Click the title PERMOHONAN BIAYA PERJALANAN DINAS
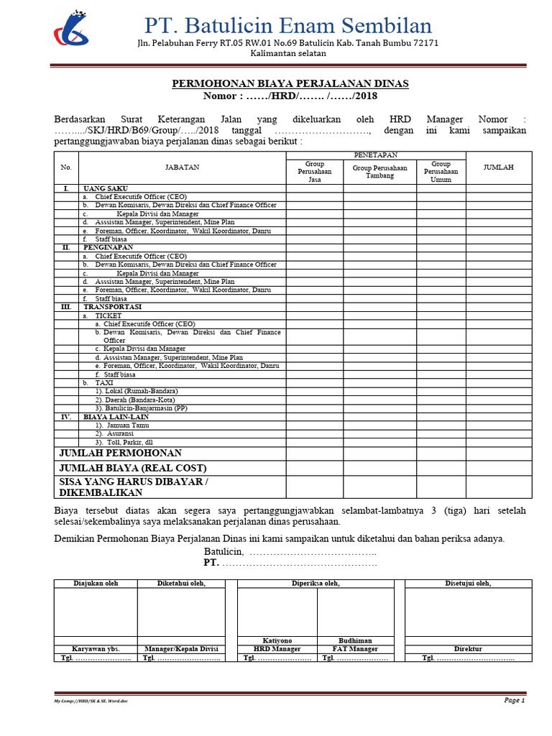(290, 83)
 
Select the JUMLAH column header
(498, 167)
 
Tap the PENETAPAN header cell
(376, 155)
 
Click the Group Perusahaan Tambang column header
(379, 171)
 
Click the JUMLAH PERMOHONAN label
(120, 454)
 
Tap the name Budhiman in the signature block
(355, 640)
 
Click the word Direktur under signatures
(468, 648)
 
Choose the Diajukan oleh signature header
(96, 584)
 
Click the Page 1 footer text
(515, 700)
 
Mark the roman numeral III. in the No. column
(66, 307)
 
